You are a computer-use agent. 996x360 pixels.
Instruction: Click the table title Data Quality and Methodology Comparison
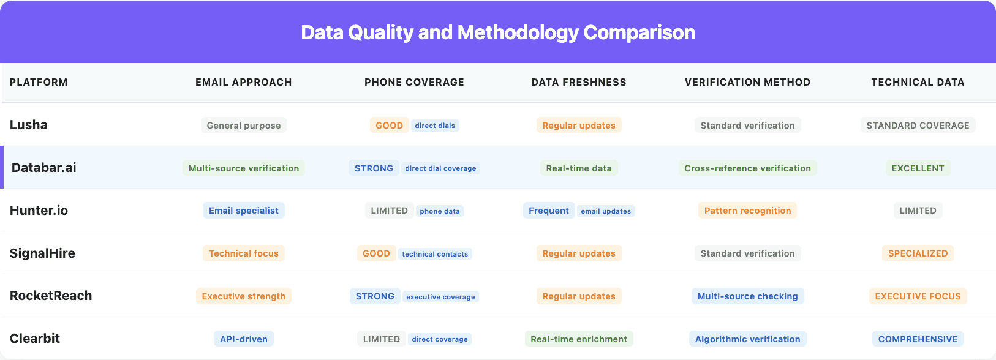498,32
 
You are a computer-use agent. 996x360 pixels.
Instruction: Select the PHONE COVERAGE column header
414,82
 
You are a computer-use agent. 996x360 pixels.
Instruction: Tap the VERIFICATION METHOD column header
747,82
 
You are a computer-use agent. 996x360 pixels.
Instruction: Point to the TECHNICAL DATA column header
918,82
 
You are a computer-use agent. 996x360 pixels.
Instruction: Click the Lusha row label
29,125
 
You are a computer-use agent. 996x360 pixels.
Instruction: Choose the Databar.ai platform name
44,168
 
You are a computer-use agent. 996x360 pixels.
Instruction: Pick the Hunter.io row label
39,211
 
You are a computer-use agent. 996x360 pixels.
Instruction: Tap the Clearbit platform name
35,339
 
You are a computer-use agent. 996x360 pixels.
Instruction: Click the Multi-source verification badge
244,168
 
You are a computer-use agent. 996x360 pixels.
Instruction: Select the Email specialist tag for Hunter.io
244,211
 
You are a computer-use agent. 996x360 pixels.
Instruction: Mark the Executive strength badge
244,296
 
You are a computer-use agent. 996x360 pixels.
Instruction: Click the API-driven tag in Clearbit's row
244,339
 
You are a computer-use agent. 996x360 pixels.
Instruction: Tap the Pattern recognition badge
747,211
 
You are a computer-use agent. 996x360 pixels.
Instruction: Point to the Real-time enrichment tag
579,339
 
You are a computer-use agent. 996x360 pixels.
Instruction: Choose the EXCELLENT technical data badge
918,168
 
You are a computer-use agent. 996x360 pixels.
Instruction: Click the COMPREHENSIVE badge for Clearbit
918,339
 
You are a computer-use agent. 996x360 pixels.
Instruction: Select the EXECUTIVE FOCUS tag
918,296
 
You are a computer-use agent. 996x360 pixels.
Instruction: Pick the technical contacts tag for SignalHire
435,254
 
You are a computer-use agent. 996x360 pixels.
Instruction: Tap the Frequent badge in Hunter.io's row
549,211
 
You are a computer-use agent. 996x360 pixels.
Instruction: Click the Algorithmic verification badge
747,339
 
